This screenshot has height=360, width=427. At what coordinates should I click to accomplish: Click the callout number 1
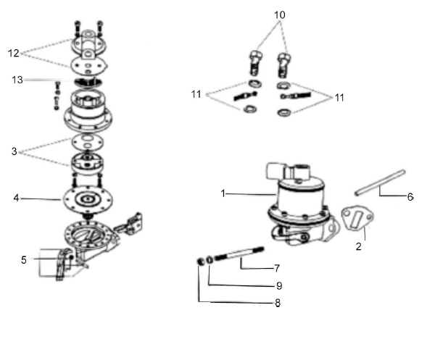coord(225,193)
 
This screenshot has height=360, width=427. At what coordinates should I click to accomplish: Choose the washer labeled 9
coord(209,259)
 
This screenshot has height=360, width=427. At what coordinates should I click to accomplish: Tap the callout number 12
coord(14,52)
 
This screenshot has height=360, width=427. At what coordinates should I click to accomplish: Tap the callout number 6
coord(410,197)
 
